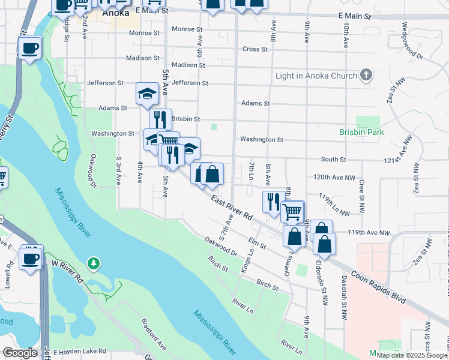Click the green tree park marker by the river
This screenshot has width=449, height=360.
click(x=93, y=263)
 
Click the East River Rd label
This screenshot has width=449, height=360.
click(x=231, y=209)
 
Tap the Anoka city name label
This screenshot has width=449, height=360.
click(x=116, y=12)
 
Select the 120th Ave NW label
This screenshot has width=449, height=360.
click(x=334, y=178)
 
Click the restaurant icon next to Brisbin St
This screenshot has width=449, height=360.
click(x=160, y=118)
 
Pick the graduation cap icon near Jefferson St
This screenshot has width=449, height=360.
click(x=147, y=92)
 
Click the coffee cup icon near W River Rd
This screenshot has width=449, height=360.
click(x=30, y=259)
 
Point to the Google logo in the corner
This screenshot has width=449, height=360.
click(x=20, y=353)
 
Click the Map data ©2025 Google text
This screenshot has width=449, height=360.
click(x=412, y=355)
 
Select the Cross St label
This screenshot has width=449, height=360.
click(x=255, y=49)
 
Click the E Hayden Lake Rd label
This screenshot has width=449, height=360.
click(x=79, y=352)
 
